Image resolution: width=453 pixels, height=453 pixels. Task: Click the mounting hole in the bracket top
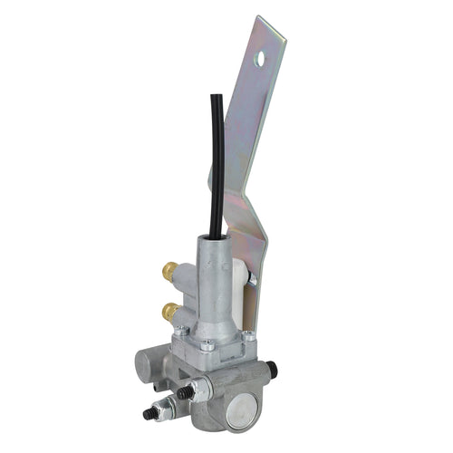(x=261, y=60)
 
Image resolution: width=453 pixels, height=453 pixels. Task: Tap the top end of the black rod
(x=216, y=98)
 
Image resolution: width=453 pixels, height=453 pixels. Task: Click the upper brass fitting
(x=169, y=269)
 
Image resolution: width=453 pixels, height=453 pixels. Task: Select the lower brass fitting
(x=169, y=312)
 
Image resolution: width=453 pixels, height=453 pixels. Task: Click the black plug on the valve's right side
(x=271, y=370)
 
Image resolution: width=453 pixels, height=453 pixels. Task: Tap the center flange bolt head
(x=208, y=344)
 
